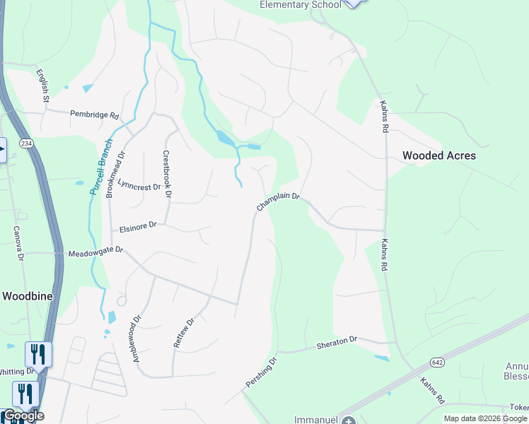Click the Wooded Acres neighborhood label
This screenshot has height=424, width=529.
439,155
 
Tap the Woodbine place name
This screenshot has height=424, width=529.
28,296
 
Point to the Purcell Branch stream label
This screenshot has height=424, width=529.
102,166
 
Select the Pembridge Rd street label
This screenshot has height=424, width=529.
94,114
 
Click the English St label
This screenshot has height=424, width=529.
42,86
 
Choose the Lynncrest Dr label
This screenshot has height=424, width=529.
139,185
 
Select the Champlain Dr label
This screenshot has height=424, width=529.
278,202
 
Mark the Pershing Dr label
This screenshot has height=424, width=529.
262,372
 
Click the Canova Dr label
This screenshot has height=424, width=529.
16,242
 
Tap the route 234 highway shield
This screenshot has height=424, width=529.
26,143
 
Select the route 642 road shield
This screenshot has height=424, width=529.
436,363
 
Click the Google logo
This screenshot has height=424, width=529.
23,416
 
